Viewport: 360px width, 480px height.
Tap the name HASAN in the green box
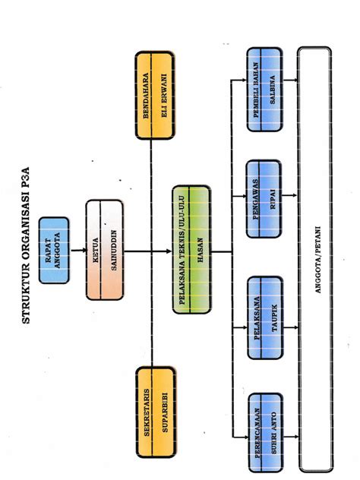[x=201, y=251]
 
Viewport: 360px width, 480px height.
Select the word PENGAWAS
[x=255, y=191]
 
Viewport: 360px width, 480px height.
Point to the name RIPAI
[x=272, y=191]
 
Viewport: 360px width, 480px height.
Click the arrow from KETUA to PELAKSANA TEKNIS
[x=148, y=251]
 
